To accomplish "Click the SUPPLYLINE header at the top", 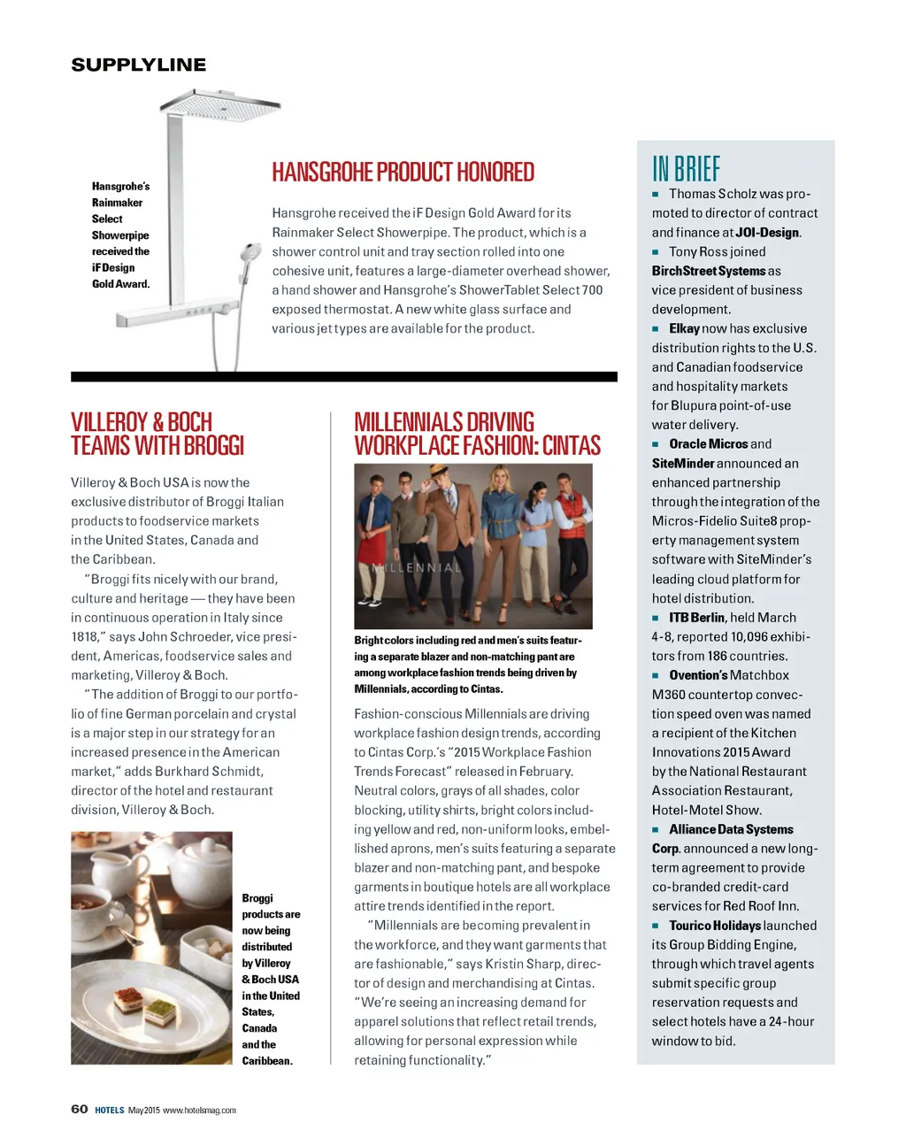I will tap(138, 65).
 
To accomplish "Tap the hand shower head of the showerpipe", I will tap(250, 253).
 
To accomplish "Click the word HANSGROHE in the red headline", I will tap(323, 172).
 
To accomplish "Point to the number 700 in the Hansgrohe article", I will tap(592, 290).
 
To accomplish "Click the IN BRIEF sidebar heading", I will tap(686, 168).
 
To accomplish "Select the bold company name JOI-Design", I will tap(767, 233).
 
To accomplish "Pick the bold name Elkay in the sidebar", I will tap(684, 328).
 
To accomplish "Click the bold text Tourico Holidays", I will tap(714, 926).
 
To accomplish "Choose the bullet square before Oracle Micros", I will tap(656, 444).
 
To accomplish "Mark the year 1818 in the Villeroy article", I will tap(85, 637).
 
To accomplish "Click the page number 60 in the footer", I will tap(80, 1110).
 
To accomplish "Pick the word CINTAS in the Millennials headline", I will tap(572, 446).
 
